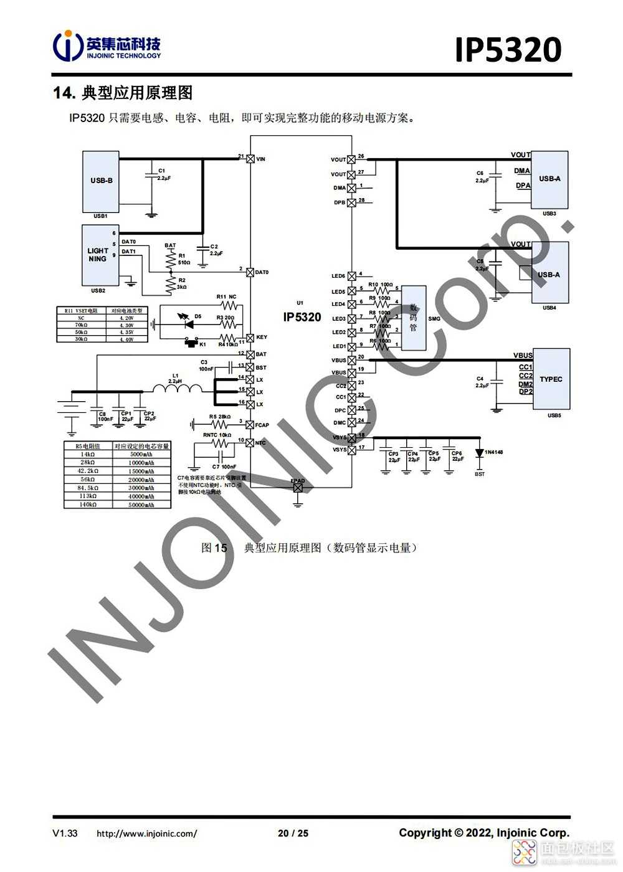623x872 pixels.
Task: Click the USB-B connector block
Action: coord(101,181)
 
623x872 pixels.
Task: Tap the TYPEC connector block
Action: coord(551,379)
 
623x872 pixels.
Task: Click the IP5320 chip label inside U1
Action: coord(302,317)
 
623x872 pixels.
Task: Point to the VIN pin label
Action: coord(260,159)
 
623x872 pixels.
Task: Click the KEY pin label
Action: coord(262,338)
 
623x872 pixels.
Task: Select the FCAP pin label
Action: coord(262,425)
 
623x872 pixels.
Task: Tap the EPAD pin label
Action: coord(298,480)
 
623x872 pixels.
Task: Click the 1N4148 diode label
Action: coord(493,452)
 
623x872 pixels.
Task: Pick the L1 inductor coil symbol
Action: coord(178,389)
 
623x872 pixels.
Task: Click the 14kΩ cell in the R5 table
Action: coord(88,455)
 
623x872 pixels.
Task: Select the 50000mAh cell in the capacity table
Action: coord(141,505)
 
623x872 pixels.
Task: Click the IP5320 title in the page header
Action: coord(508,50)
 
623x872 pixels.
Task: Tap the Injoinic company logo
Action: coord(107,46)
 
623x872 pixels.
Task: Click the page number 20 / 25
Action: coord(293,833)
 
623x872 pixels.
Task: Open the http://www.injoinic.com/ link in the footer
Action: coord(146,833)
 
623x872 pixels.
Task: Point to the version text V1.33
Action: coord(65,833)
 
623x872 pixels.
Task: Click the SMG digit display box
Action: coord(413,318)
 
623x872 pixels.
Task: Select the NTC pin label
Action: coord(260,443)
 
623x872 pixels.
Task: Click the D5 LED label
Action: coord(197,316)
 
